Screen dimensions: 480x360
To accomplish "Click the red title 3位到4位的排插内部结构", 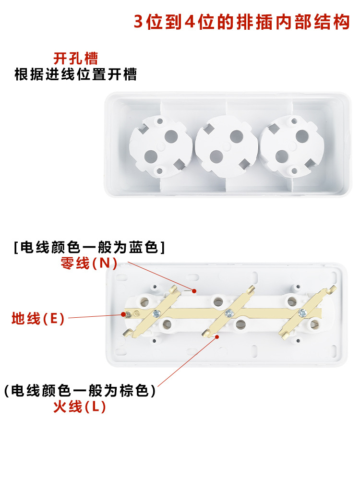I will click(x=241, y=22).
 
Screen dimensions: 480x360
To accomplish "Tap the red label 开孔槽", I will click(x=75, y=59).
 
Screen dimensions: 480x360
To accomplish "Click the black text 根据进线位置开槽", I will click(x=75, y=74).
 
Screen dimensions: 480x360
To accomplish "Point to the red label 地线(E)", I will click(x=38, y=318).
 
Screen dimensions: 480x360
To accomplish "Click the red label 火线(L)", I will click(x=79, y=407).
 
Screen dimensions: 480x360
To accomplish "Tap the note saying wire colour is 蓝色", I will click(x=89, y=248).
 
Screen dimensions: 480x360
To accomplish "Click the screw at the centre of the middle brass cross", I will click(x=228, y=313).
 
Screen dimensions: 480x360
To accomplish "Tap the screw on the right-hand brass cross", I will click(x=302, y=312).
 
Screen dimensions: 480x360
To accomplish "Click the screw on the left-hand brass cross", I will click(x=155, y=313).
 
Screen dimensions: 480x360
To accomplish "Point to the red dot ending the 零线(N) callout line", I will click(x=194, y=290).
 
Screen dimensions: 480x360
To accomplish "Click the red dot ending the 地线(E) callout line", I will click(x=121, y=315).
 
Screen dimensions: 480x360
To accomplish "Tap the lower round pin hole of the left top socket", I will click(x=151, y=156).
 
